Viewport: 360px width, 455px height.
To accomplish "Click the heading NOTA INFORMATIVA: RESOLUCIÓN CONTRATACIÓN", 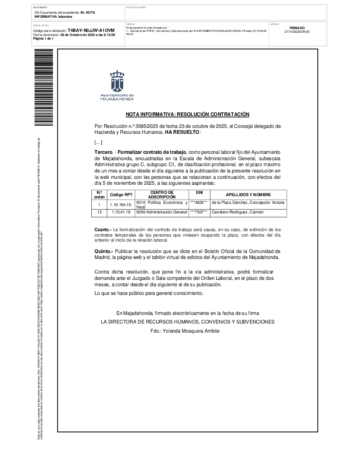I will click(188, 115).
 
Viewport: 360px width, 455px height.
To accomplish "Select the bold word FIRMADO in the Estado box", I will click(297, 28).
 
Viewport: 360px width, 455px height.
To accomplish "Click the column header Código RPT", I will click(121, 195).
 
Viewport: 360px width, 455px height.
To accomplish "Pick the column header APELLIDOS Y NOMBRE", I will click(248, 195).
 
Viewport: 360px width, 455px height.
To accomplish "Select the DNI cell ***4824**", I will click(199, 202).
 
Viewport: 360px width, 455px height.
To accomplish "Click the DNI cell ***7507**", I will click(199, 212).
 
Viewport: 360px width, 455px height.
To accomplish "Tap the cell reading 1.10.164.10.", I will click(121, 205).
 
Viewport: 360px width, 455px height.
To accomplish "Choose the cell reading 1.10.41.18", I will click(121, 212).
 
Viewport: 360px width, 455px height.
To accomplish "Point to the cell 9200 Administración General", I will click(161, 212).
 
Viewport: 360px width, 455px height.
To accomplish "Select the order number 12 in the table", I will click(99, 212).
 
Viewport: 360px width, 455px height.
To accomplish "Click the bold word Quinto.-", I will click(104, 251).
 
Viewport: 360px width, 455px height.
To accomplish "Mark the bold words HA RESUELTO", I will click(182, 132).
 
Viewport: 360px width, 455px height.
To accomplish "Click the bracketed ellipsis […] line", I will click(98, 142).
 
